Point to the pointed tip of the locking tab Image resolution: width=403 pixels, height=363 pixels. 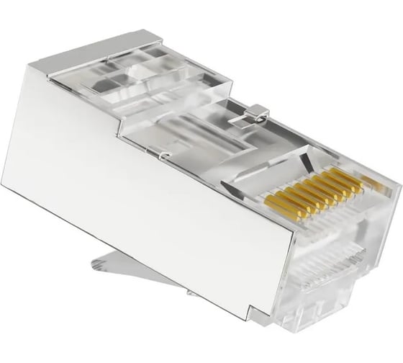(94, 264)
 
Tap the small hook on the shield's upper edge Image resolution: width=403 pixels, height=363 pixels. (165, 155)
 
